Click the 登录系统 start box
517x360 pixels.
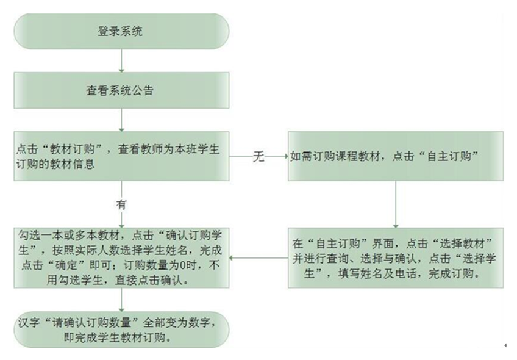[x=121, y=31]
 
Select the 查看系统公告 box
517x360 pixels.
[x=121, y=90]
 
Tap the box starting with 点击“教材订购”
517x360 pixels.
[x=121, y=156]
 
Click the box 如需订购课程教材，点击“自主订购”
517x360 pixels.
[x=396, y=156]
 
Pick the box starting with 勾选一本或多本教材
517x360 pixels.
[x=121, y=257]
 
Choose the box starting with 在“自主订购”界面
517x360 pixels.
[x=396, y=257]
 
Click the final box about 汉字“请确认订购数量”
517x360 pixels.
[x=121, y=329]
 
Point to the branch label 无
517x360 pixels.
[x=258, y=156]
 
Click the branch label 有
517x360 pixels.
[x=121, y=204]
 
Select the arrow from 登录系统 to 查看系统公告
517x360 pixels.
[x=121, y=61]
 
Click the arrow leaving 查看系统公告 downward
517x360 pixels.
[x=121, y=120]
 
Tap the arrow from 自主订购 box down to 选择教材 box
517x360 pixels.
[x=396, y=204]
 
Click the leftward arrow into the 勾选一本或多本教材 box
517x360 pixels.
[x=258, y=257]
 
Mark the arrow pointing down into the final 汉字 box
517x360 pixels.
[x=121, y=300]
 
